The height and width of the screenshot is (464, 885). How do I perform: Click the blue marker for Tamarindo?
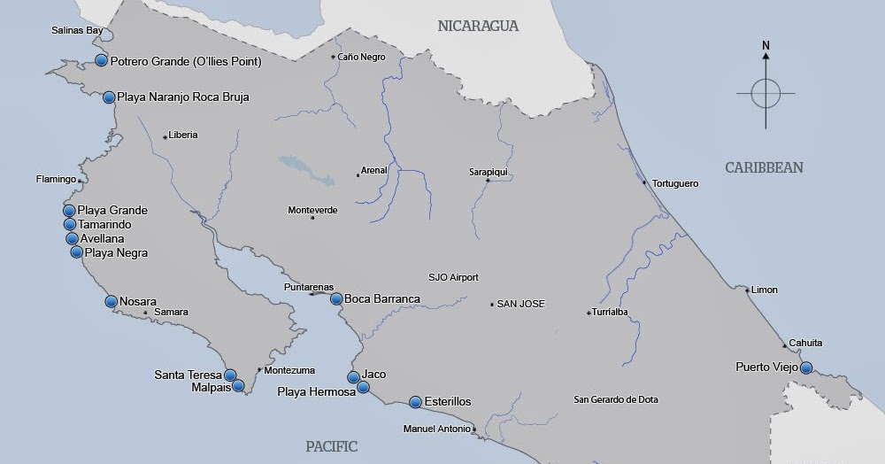click(70, 225)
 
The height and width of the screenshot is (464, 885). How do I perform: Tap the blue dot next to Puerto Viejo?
click(806, 367)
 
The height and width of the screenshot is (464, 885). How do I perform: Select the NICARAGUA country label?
click(478, 26)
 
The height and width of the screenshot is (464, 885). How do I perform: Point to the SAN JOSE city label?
click(520, 304)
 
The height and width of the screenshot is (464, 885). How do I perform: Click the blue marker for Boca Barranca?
click(336, 298)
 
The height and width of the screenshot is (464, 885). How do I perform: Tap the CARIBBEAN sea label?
click(764, 167)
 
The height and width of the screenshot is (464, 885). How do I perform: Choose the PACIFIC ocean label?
click(332, 446)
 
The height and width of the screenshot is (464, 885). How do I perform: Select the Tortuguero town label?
click(674, 183)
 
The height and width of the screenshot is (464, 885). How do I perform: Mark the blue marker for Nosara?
click(112, 301)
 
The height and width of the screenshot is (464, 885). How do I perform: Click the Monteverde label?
click(312, 210)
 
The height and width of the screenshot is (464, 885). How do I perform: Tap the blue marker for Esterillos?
click(415, 402)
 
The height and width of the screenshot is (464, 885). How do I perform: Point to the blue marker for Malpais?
click(238, 385)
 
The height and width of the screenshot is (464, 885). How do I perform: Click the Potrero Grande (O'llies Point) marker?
click(102, 60)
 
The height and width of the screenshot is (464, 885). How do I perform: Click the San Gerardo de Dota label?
click(616, 399)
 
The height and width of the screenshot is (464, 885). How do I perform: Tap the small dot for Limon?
click(748, 290)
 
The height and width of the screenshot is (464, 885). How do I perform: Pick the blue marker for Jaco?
click(353, 377)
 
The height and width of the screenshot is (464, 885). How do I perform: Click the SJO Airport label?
click(453, 277)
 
